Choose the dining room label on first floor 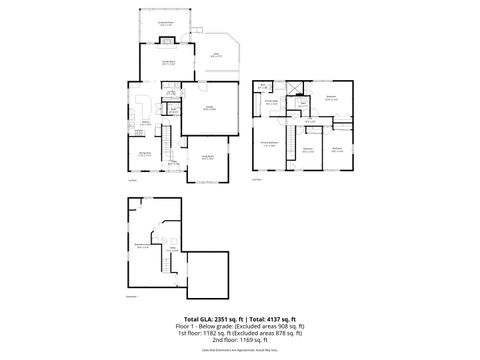(x=144, y=152)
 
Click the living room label (x=208, y=157)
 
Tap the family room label (x=155, y=63)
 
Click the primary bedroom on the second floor (x=269, y=143)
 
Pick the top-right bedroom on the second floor (x=332, y=97)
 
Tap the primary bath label (x=271, y=100)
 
